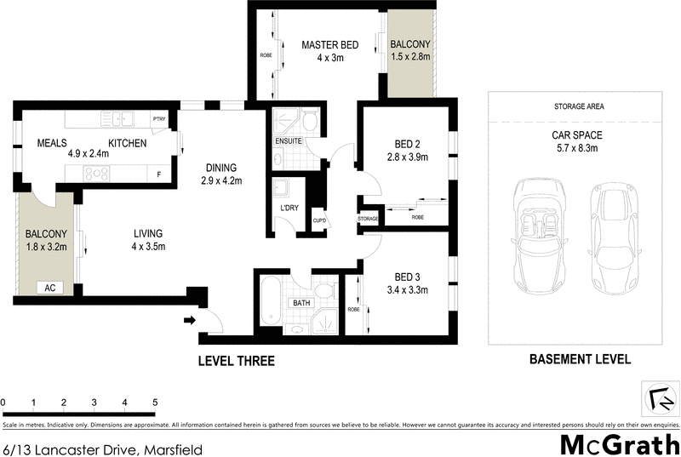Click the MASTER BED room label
click(329, 45)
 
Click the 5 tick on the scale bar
click(155, 402)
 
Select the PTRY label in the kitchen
click(158, 120)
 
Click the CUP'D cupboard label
click(318, 220)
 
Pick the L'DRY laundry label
click(289, 209)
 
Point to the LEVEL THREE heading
click(236, 361)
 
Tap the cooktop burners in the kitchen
click(95, 174)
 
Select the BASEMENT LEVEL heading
click(580, 359)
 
